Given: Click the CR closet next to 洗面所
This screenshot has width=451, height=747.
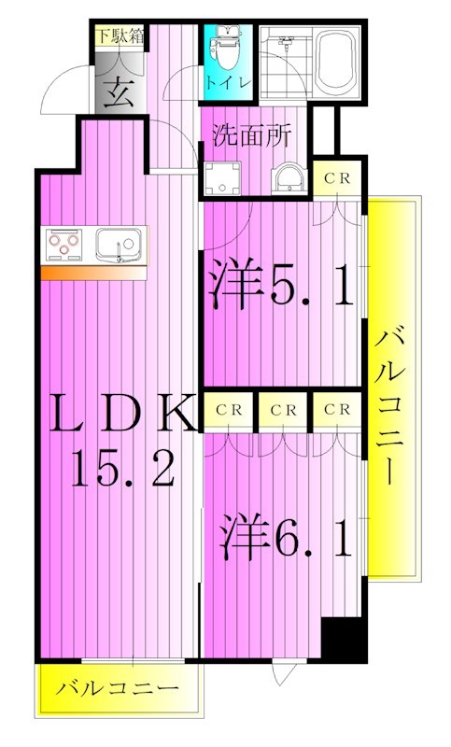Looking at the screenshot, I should [337, 178].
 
